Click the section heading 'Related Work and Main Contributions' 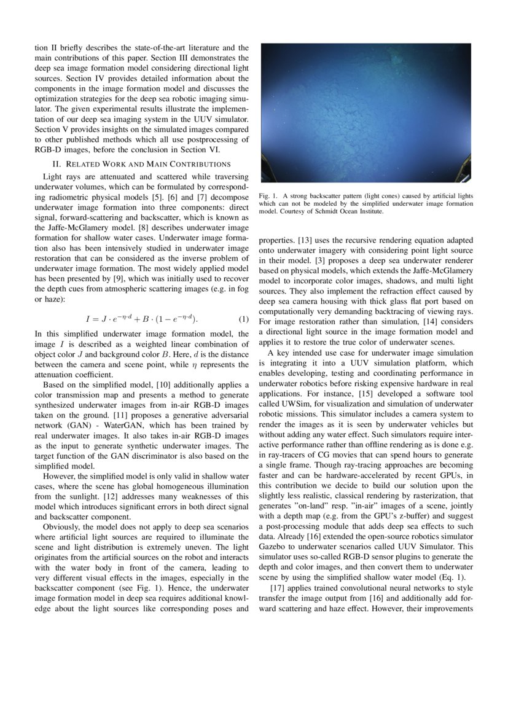(x=141, y=164)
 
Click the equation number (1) (x=243, y=319)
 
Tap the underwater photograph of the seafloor (x=366, y=112)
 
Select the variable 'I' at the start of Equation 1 (x=88, y=319)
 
